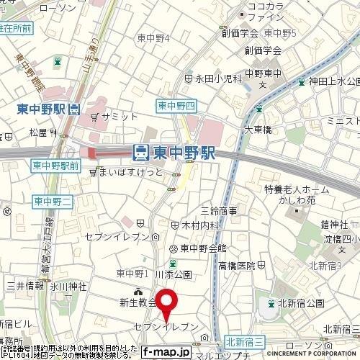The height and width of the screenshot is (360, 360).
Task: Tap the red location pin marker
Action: tap(168, 302)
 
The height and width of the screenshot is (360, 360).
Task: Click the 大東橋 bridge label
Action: tap(256, 130)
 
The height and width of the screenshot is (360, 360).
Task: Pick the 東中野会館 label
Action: tap(199, 248)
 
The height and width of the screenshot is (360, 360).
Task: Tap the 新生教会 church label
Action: tap(138, 302)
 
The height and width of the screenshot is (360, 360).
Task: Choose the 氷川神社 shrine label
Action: tap(67, 286)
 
